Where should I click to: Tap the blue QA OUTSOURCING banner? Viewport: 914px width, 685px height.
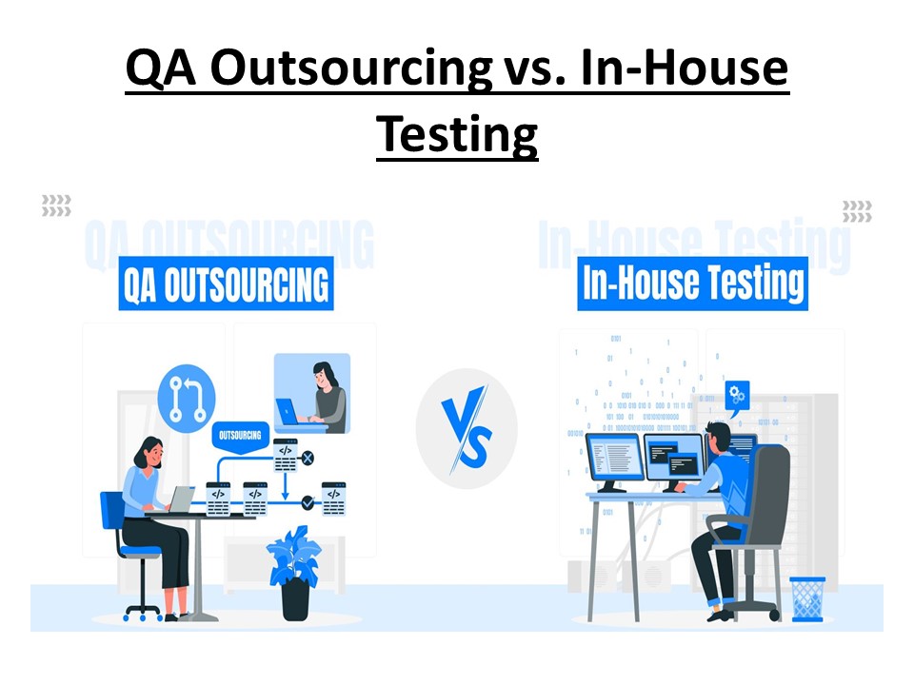[226, 284]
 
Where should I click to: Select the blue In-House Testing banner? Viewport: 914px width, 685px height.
[692, 284]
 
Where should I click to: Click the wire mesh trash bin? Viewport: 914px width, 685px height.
[807, 598]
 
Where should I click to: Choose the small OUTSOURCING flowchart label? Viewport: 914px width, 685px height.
[240, 436]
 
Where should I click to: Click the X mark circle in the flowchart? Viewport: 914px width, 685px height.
[308, 459]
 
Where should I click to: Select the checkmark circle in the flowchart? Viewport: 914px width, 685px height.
[308, 501]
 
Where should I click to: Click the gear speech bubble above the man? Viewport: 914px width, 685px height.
[737, 394]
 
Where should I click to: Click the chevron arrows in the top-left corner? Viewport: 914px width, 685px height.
[56, 205]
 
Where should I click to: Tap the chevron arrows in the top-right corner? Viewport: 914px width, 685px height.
[857, 211]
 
